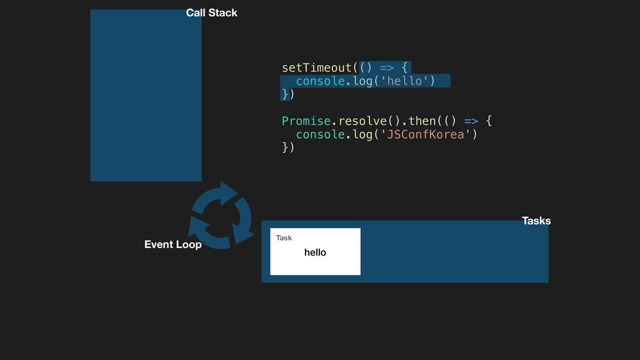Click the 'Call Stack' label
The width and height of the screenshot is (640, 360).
(211, 12)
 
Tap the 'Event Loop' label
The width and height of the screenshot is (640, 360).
(172, 244)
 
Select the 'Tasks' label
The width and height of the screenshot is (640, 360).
(536, 221)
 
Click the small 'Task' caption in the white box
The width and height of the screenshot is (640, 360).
(284, 238)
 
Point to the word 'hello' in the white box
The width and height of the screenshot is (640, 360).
(315, 252)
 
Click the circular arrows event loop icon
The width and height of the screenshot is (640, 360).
(221, 214)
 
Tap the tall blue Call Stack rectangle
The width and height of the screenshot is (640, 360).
(146, 95)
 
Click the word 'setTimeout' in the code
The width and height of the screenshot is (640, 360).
(317, 67)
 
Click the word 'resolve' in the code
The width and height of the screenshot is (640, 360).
(362, 121)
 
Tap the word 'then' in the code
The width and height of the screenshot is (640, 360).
(422, 121)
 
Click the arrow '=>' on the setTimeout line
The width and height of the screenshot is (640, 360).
(387, 67)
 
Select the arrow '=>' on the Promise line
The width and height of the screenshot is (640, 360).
(471, 121)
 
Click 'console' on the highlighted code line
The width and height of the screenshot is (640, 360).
(320, 81)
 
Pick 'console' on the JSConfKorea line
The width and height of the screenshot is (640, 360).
(320, 134)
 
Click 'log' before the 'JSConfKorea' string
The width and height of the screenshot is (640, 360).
(362, 134)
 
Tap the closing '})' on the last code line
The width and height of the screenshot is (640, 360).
(287, 148)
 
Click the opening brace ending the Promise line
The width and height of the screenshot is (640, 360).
(489, 121)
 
